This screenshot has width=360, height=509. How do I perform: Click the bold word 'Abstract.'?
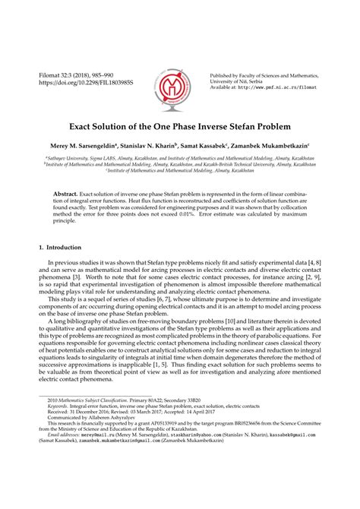65,194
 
